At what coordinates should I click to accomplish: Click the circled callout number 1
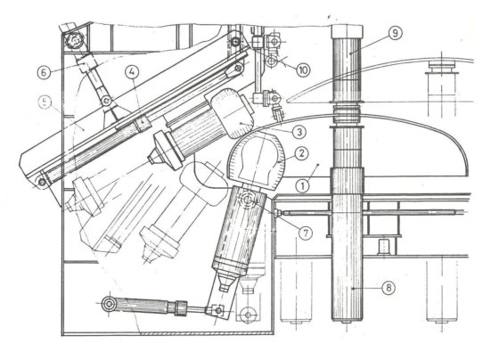click(x=302, y=186)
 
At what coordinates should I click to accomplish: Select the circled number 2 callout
click(x=302, y=153)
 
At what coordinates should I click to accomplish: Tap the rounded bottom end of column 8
click(x=348, y=318)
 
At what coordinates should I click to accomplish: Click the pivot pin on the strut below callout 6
click(x=105, y=102)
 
